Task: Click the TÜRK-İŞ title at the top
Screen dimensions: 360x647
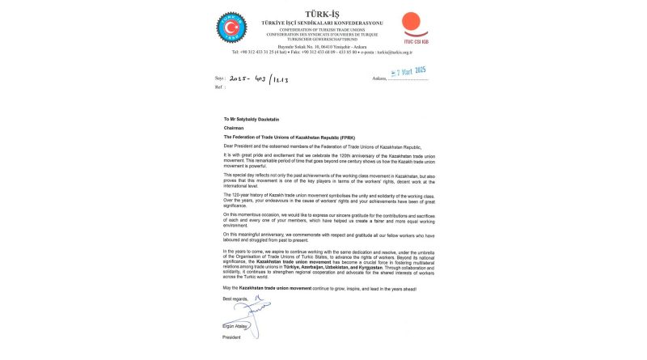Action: point(322,12)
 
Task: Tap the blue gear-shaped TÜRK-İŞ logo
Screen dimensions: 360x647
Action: point(231,28)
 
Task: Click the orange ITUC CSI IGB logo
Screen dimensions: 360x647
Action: point(414,24)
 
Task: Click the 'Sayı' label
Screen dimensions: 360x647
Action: point(217,78)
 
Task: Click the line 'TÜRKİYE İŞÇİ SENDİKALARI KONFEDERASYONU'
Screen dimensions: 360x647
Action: point(322,21)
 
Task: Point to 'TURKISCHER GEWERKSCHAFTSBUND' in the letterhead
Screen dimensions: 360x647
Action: point(322,40)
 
